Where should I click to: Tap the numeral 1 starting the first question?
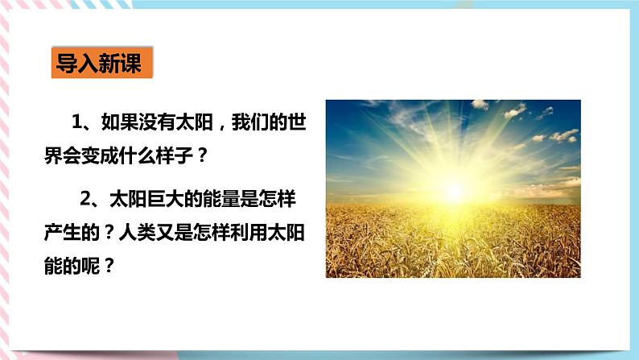pos(78,122)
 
